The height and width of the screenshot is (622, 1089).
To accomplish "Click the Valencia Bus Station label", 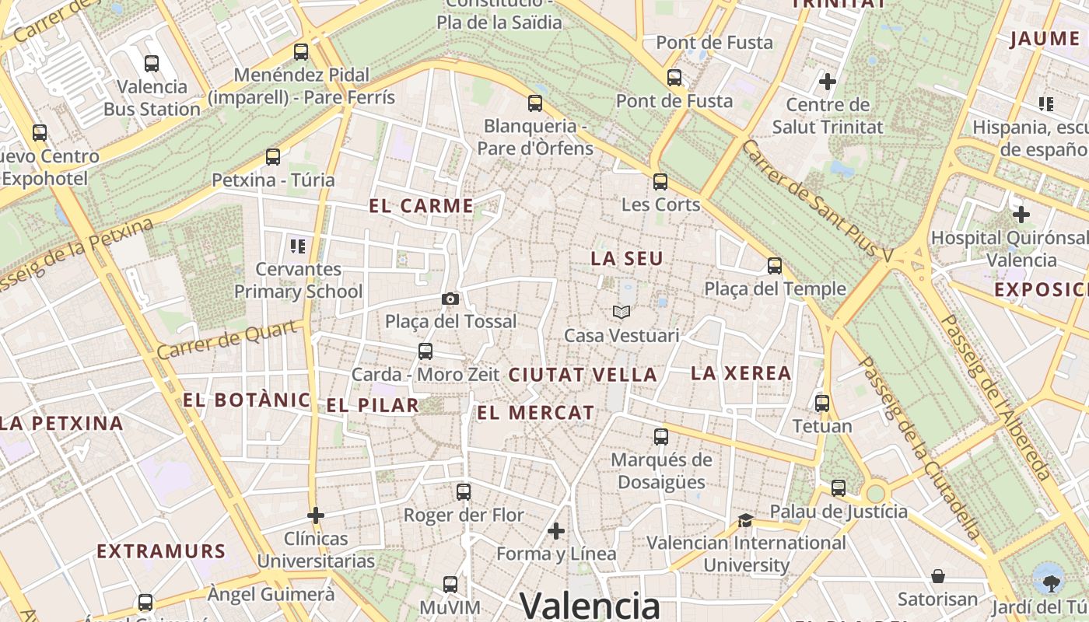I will (152, 97).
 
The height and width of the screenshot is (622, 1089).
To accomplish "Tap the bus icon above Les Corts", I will (660, 182).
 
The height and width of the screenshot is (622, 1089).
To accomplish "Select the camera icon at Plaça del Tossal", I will (450, 299).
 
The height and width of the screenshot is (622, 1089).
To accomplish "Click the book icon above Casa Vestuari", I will (621, 313).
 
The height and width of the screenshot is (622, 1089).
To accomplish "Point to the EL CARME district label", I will (422, 206).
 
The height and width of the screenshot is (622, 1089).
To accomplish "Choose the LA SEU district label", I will (627, 259).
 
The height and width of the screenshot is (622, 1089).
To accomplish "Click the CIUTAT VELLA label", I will (583, 375).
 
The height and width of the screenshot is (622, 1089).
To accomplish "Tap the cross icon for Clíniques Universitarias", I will (316, 515).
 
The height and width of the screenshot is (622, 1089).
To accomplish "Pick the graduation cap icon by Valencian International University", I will (745, 520).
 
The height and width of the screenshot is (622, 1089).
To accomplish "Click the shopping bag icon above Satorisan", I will (938, 576).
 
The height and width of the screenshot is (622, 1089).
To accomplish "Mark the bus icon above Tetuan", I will (822, 404).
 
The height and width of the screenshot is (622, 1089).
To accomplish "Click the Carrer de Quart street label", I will (227, 340).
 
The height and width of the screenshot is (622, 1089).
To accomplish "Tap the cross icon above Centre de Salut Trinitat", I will (828, 81).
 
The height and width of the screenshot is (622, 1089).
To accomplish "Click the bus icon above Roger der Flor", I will (464, 492).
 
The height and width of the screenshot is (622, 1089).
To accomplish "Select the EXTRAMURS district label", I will (161, 552).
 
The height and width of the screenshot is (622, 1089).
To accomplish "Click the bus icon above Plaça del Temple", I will (774, 266).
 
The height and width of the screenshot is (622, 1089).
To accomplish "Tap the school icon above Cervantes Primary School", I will (298, 246).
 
